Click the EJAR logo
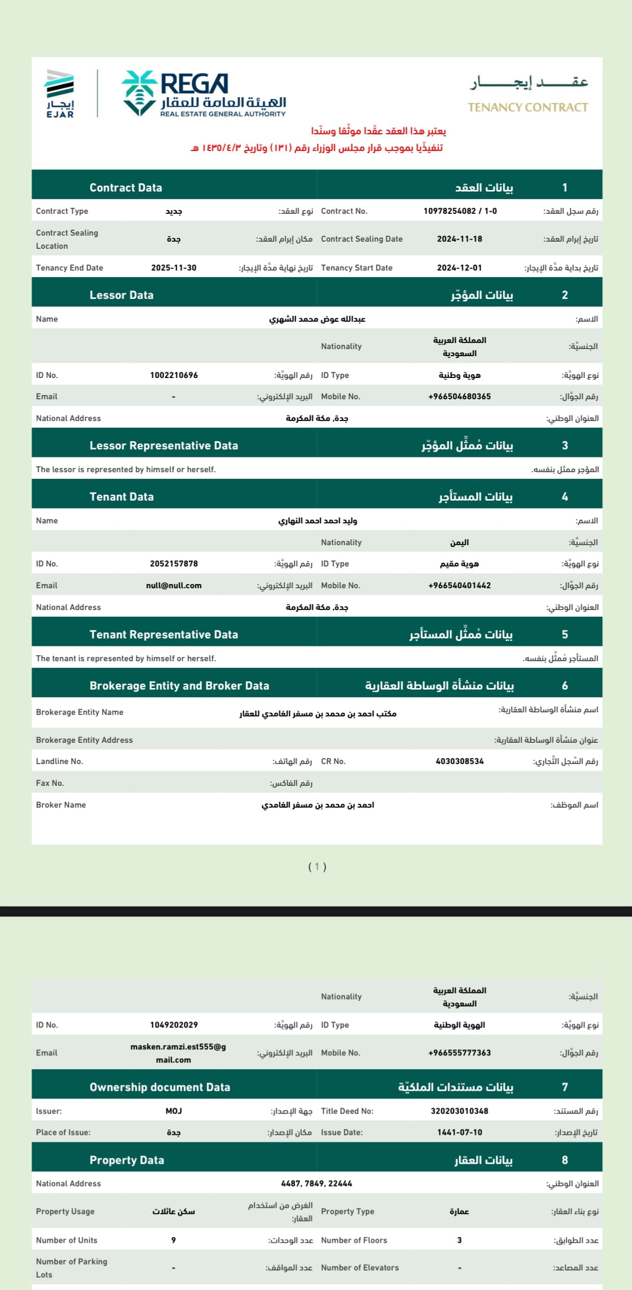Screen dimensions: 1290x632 (60, 94)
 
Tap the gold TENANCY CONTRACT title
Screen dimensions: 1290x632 (528, 107)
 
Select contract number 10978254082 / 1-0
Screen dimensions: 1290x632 (460, 211)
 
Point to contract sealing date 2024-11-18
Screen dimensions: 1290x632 (459, 239)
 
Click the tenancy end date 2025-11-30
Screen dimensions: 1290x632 (174, 268)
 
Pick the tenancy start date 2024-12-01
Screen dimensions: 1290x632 (459, 268)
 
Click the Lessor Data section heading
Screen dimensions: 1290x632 (122, 295)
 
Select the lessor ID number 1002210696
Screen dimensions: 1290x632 (174, 375)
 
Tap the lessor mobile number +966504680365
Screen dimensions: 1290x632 (459, 397)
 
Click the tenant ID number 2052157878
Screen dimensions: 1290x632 (174, 564)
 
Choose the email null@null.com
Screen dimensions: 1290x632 (174, 586)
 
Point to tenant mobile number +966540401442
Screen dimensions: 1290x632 (459, 586)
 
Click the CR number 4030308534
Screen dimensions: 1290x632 (459, 762)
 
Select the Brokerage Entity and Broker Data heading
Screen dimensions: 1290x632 (179, 686)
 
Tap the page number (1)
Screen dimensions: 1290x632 (317, 867)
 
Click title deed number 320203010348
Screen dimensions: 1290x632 (459, 1111)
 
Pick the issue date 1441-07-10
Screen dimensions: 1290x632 (459, 1132)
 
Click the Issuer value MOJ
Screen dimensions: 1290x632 (174, 1111)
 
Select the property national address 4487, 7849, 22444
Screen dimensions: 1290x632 (317, 1184)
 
